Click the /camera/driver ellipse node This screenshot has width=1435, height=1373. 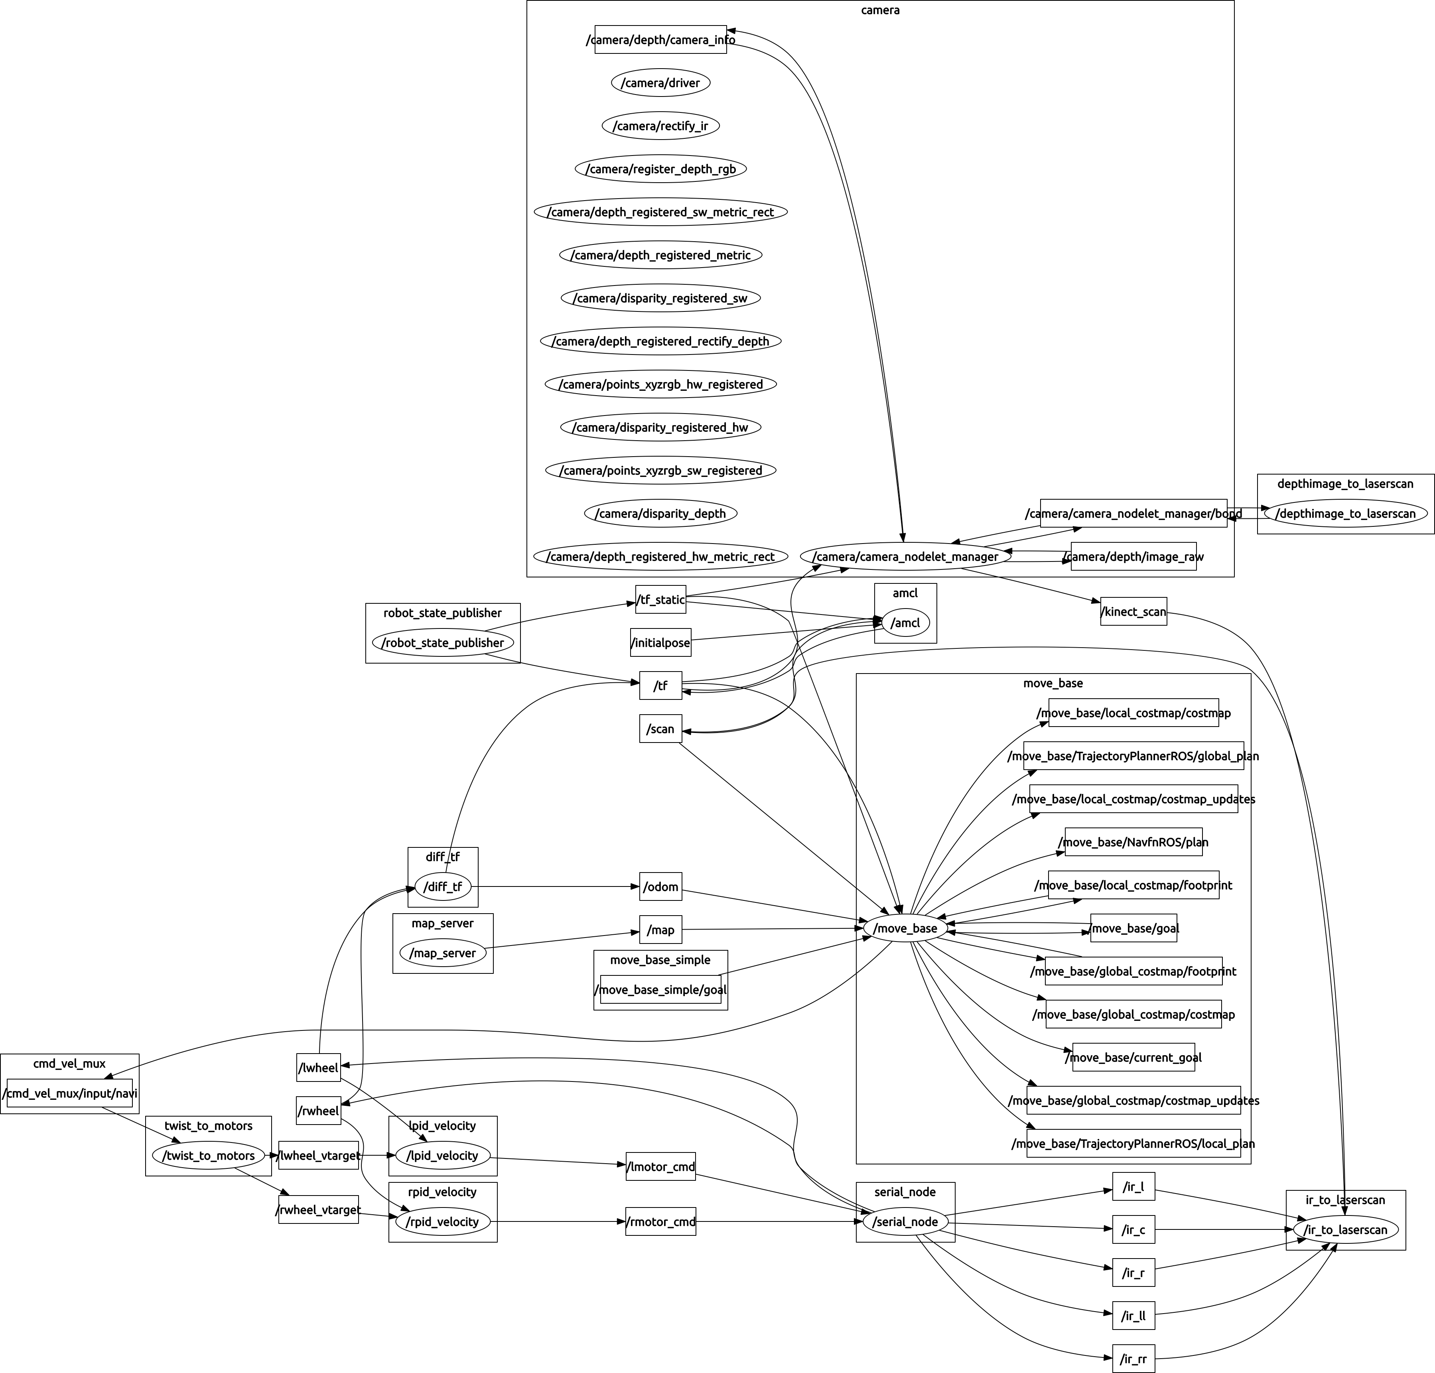660,83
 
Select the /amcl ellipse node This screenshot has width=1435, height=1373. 906,623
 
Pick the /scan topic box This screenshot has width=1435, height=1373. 660,729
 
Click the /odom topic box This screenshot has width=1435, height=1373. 660,887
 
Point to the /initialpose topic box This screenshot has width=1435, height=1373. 660,642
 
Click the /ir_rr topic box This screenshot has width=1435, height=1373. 1133,1359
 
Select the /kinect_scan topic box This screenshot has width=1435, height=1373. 1133,612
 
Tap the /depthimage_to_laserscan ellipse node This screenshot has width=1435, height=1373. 1345,514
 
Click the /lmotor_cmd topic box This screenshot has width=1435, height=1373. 660,1166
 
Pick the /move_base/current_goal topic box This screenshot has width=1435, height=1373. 1133,1058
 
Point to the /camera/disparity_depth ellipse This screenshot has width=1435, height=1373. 660,514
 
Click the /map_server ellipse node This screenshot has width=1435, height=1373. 443,953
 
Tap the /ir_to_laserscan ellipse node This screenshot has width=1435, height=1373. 1345,1229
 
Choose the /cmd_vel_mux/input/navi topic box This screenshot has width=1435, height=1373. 69,1093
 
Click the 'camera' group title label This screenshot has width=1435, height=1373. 880,10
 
